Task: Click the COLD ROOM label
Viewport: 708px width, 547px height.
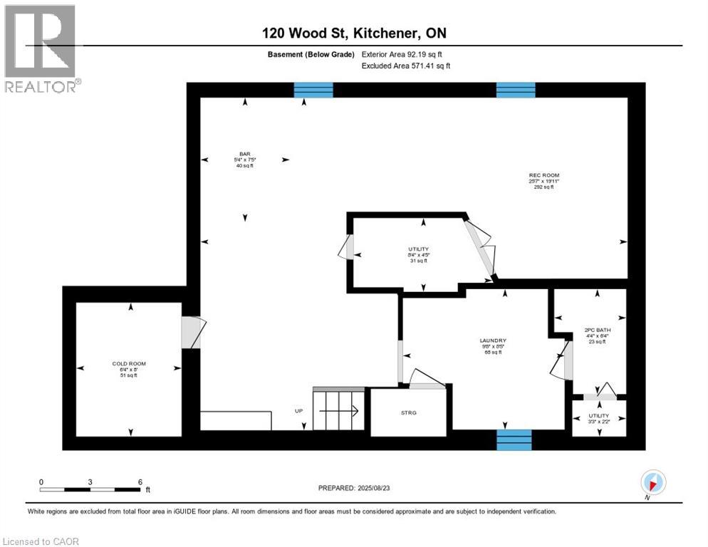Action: tap(129, 363)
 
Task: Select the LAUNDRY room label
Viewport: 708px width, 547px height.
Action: tap(493, 340)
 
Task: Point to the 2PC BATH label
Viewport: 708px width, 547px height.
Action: tap(597, 330)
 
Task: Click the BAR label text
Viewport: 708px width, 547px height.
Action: tap(245, 155)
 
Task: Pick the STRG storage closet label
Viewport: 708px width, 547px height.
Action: tap(409, 412)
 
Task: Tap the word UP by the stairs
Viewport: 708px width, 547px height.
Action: tap(298, 411)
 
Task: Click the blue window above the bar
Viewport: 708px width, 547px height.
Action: tap(313, 90)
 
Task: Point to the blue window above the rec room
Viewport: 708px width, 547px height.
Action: tap(516, 90)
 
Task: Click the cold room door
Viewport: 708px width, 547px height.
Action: tap(192, 333)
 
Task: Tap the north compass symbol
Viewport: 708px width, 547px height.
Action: tap(653, 481)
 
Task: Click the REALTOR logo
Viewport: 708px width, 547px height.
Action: tap(41, 48)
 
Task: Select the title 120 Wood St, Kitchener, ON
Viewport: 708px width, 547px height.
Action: tap(353, 33)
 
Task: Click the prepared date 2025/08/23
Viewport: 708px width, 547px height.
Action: tap(355, 488)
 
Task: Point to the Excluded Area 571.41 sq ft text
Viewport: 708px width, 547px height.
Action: tap(406, 66)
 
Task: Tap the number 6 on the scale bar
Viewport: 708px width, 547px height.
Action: tap(140, 481)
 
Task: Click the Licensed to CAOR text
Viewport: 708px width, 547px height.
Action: tap(41, 541)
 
